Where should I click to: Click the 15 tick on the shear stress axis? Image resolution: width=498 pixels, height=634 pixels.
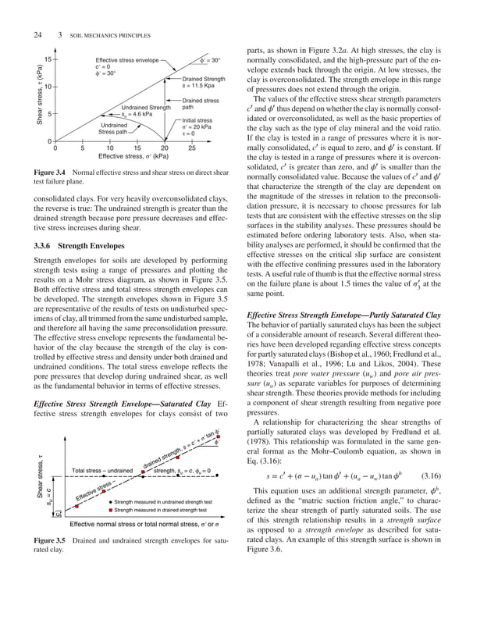point(48,59)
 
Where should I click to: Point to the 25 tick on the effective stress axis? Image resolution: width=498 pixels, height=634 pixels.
point(192,148)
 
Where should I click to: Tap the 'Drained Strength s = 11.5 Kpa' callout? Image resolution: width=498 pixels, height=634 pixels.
point(204,83)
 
